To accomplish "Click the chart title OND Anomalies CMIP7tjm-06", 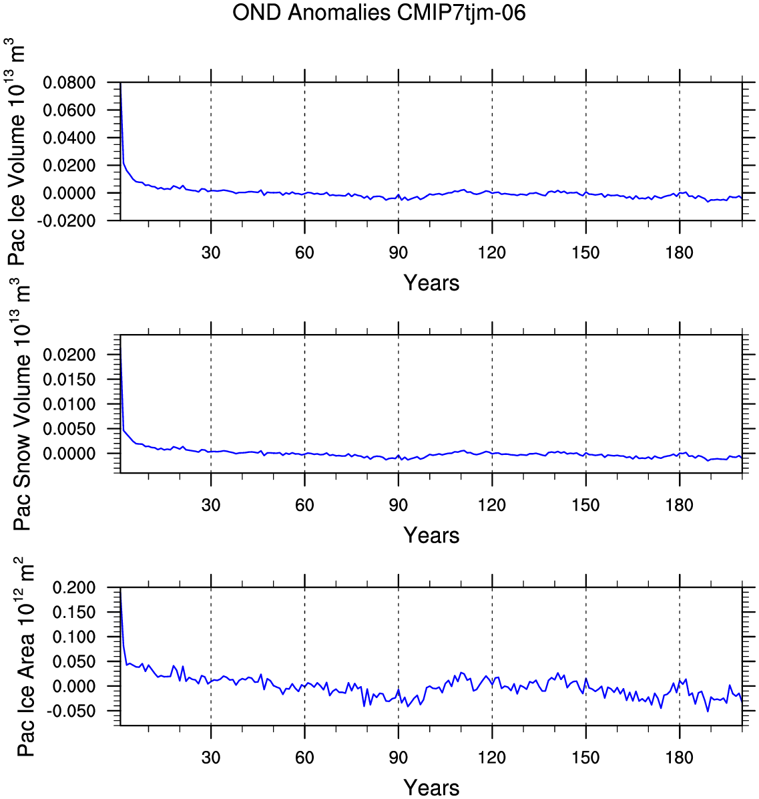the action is [378, 13].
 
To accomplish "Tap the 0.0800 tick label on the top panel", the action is [69, 83].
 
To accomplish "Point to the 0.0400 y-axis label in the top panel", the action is [69, 138].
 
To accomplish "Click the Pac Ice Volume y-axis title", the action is [16, 152].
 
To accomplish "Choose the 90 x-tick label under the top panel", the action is [398, 253].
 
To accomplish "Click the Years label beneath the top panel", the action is [431, 283].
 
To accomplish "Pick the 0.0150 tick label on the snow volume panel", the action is [69, 379].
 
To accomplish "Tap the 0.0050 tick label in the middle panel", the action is [69, 428].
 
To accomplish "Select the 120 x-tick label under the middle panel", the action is [492, 505].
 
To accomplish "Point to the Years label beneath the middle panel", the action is [431, 536].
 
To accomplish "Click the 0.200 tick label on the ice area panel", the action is [74, 587].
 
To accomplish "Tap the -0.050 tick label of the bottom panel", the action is [71, 711].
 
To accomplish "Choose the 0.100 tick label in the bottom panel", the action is [74, 637].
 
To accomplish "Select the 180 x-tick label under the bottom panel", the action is [679, 757].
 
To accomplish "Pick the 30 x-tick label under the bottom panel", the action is [211, 757].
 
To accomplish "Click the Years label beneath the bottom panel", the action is [431, 788].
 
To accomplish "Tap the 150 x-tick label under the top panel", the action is [585, 253].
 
